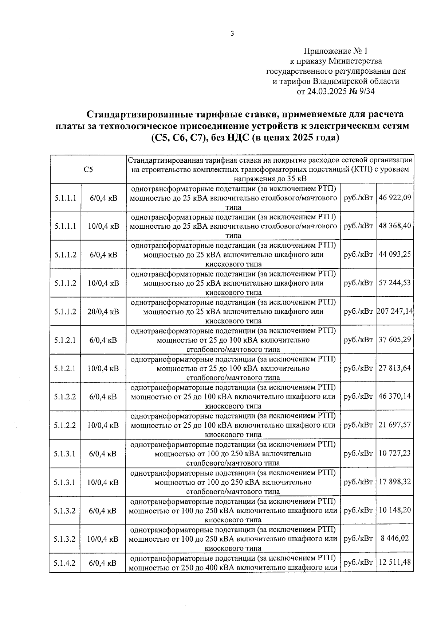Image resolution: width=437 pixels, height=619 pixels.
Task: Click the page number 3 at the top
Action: (x=232, y=34)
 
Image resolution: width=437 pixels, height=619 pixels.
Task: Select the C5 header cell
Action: (x=88, y=169)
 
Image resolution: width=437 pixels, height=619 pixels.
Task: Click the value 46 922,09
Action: (x=395, y=197)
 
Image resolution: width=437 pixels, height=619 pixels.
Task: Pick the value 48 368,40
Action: (x=395, y=226)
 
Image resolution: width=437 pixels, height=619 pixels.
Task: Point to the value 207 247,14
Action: (x=395, y=311)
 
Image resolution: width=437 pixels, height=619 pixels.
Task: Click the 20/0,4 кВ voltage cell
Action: (x=103, y=312)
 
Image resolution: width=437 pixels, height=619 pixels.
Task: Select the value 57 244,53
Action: (x=395, y=283)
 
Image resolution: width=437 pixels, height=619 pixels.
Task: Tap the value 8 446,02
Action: (x=395, y=538)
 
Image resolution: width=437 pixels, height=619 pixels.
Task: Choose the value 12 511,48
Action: (x=395, y=562)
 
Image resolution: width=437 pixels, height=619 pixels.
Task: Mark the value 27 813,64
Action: (x=395, y=368)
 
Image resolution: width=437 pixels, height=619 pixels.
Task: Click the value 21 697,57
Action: (x=395, y=425)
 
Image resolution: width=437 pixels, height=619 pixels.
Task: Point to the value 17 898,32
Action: (x=395, y=482)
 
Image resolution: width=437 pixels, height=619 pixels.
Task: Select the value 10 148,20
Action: (x=395, y=510)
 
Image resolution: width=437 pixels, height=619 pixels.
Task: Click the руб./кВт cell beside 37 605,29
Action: (x=358, y=340)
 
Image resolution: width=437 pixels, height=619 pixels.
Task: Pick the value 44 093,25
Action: (x=395, y=254)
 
